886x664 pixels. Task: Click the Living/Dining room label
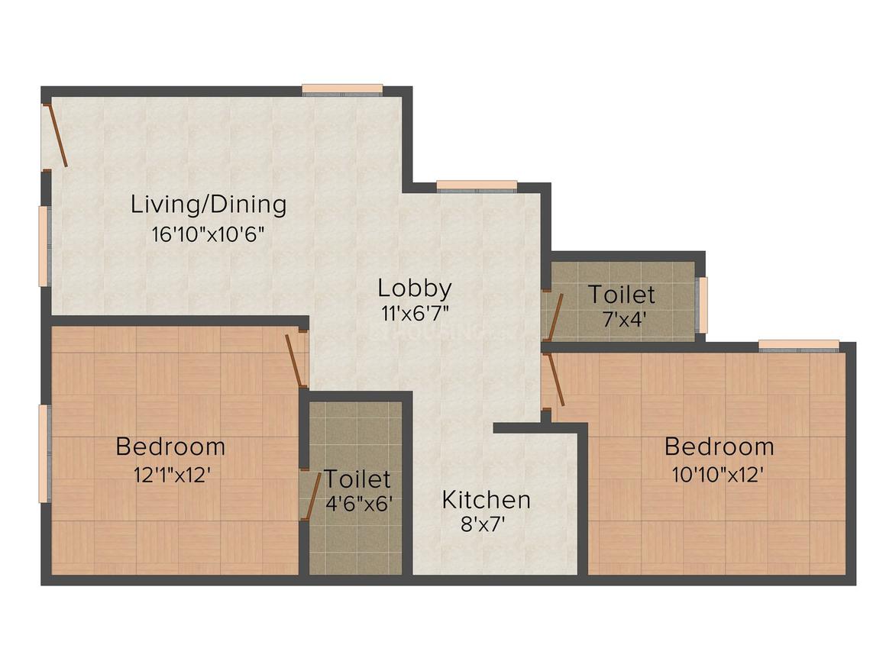click(209, 205)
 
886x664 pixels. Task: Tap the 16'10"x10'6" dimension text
click(209, 234)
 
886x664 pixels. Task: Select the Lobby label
click(415, 288)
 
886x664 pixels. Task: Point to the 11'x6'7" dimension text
click(415, 312)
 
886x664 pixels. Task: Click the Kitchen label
click(487, 500)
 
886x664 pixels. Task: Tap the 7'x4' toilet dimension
click(621, 320)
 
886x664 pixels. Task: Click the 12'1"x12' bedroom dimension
click(171, 474)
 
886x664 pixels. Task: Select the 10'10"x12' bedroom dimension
click(718, 474)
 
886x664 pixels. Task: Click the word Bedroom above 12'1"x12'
click(170, 446)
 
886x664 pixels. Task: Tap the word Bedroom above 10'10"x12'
click(719, 446)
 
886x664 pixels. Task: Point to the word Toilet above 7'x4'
click(621, 294)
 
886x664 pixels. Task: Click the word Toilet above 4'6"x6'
click(357, 479)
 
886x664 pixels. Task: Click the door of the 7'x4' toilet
click(554, 317)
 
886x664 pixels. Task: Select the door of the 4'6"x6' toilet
click(309, 496)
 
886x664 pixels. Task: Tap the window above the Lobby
click(477, 185)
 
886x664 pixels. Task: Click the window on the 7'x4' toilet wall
click(703, 305)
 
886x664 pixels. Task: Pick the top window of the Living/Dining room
click(341, 89)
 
